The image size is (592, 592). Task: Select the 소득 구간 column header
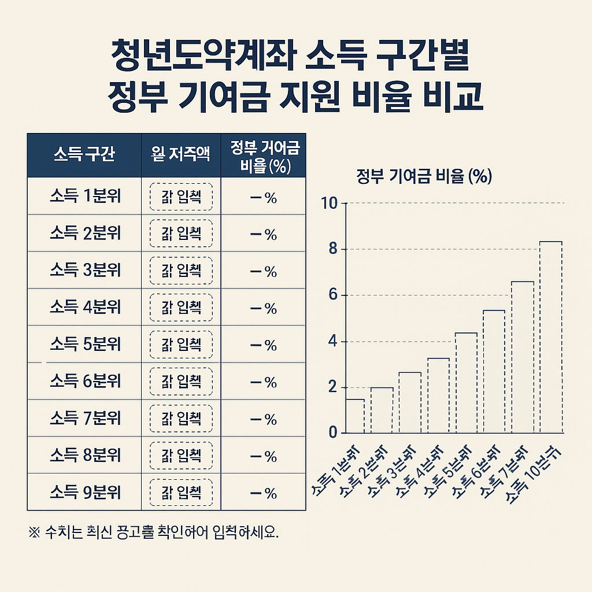pos(84,155)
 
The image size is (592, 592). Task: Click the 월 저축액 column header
pos(181,155)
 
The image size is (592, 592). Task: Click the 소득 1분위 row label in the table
pos(85,197)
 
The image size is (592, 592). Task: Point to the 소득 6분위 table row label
pos(85,382)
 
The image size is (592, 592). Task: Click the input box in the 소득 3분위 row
pos(181,271)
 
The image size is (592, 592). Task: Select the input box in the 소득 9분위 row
pos(181,493)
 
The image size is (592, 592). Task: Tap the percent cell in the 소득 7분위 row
pos(264,419)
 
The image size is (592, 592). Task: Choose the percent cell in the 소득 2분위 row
pos(264,234)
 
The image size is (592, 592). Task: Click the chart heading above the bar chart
pos(424,176)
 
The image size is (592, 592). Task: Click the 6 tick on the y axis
pos(332,295)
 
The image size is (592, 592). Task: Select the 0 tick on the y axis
pos(332,433)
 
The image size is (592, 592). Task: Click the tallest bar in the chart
pos(550,337)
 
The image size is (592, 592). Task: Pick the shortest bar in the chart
pos(354,416)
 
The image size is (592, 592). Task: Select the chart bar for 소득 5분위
pos(466,383)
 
